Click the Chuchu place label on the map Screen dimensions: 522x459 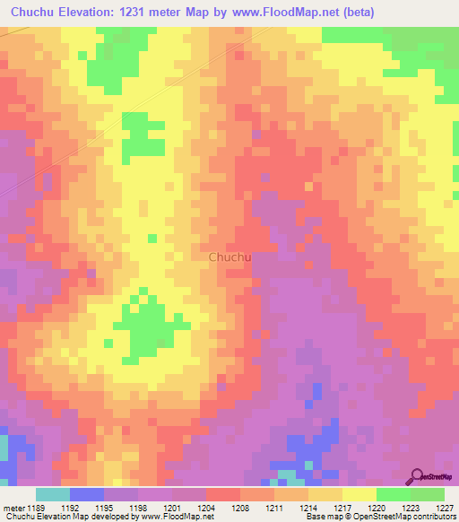(229, 257)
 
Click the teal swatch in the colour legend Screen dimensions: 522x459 (53, 494)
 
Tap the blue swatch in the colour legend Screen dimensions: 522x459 (87, 494)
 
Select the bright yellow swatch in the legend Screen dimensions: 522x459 (359, 494)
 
